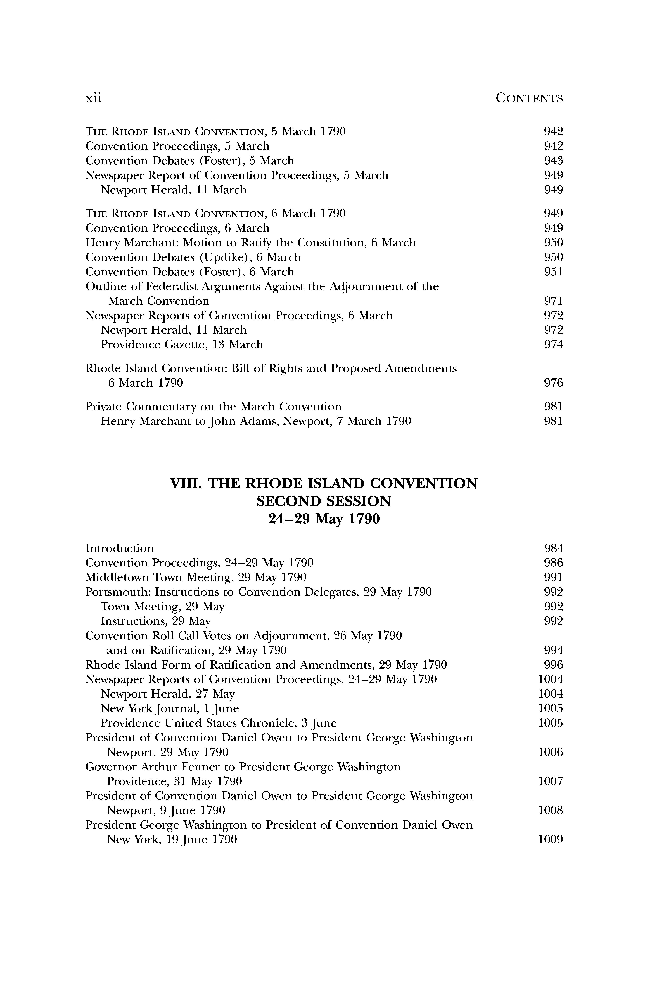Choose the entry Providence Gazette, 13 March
pos(182,345)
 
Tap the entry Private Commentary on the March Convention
pos(213,407)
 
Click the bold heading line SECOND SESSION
pos(324,501)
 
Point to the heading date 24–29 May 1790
pos(324,519)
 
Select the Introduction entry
pos(119,549)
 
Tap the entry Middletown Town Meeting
pos(196,577)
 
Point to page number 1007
pos(551,781)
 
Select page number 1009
pos(551,839)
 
